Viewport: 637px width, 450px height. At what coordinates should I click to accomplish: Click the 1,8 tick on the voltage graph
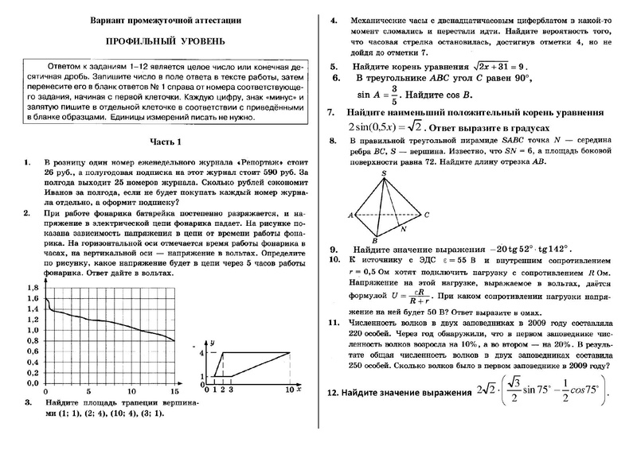point(32,286)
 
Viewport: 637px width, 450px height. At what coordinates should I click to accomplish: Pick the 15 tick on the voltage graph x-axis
point(174,393)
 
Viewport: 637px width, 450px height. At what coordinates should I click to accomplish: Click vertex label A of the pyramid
point(350,215)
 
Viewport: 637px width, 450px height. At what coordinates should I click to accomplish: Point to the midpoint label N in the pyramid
point(404,228)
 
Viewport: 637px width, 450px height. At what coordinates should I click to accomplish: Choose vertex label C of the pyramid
point(427,215)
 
